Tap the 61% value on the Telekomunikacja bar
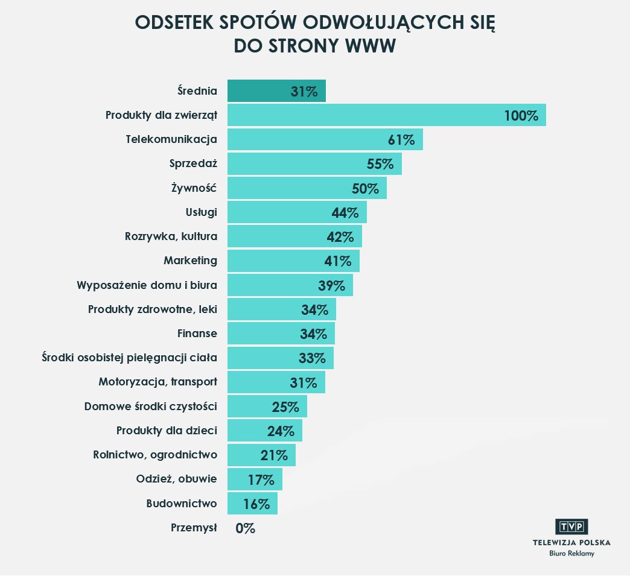(x=401, y=140)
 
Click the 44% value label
(x=345, y=212)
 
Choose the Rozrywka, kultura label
(x=171, y=236)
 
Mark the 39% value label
(x=331, y=285)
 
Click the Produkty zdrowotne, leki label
(x=153, y=309)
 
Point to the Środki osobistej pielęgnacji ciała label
(x=129, y=358)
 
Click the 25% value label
(x=285, y=407)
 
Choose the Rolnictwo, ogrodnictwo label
(x=155, y=454)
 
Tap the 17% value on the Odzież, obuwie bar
(x=261, y=479)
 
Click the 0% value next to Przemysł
(x=246, y=528)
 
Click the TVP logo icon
(x=571, y=527)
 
